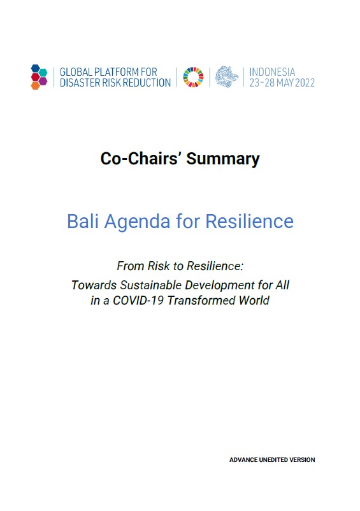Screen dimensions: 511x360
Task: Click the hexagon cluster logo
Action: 39,76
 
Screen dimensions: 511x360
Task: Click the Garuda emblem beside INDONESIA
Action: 227,76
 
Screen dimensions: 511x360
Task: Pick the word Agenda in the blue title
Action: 139,221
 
